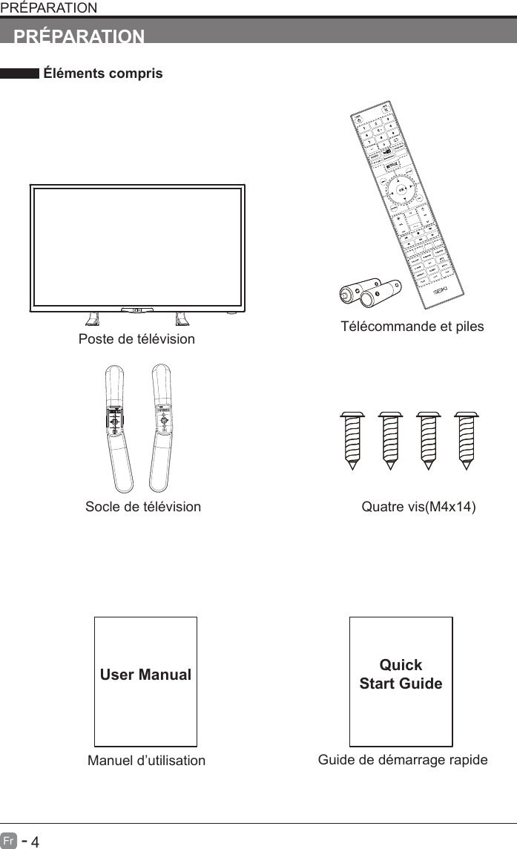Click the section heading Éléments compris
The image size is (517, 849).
point(103,74)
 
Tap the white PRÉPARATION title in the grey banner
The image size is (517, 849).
point(80,35)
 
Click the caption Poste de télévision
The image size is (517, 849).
point(136,339)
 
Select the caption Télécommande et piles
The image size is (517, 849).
point(412,327)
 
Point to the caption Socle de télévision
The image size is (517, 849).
point(143,507)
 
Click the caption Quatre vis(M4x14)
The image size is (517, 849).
point(418,507)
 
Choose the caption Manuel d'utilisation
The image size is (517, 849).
point(146,761)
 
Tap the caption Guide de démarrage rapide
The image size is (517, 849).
point(403,759)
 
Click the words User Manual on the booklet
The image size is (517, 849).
point(146,675)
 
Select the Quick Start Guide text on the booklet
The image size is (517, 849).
point(401,674)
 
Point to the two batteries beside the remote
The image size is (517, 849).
point(369,292)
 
